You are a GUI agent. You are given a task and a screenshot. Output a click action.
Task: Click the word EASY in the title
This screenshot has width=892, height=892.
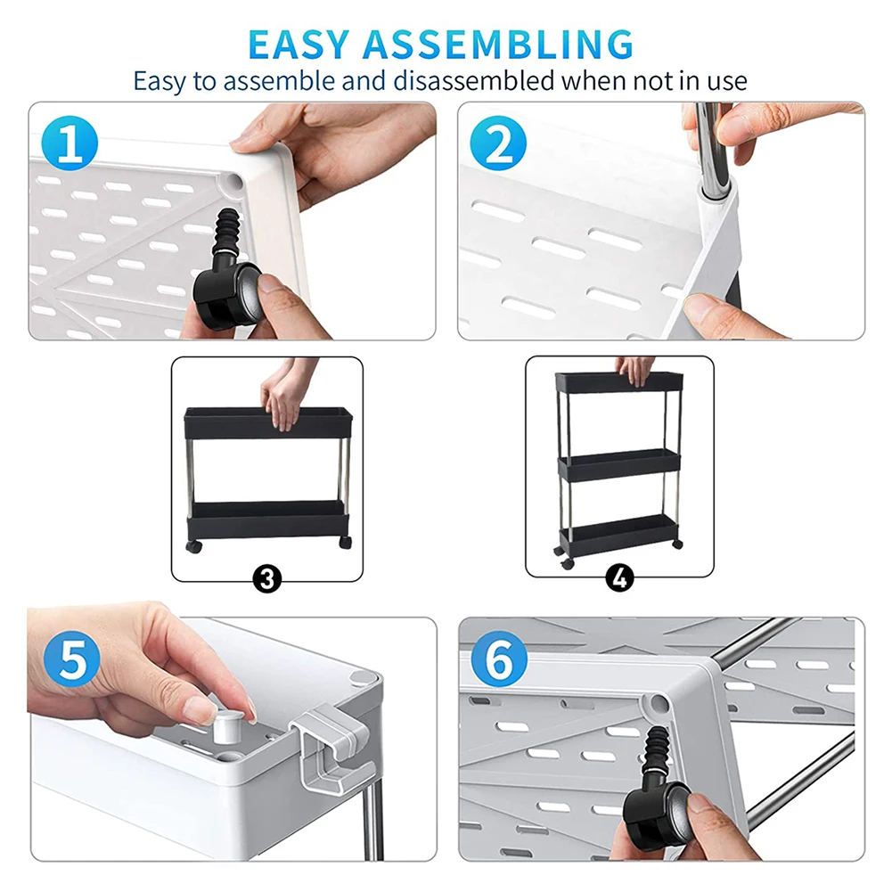(x=299, y=44)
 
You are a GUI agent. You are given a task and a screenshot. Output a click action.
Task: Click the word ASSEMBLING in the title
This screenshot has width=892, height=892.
(x=498, y=44)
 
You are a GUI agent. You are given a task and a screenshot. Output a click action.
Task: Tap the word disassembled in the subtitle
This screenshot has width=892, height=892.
(x=473, y=80)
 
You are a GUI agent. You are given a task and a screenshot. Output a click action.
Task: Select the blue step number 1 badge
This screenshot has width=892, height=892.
(x=70, y=143)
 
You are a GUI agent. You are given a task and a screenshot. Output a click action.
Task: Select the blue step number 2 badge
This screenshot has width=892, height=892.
(x=498, y=143)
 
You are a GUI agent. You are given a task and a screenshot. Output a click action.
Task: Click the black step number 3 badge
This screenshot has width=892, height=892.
(x=266, y=578)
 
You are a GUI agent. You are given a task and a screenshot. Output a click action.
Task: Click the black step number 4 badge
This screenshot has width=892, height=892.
(x=619, y=578)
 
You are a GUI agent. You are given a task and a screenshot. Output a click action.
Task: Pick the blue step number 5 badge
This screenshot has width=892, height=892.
(x=71, y=659)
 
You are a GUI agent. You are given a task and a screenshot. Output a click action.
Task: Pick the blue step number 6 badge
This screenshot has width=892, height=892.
(x=499, y=659)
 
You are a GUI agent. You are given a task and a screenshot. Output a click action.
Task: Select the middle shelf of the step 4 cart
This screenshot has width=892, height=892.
(x=619, y=465)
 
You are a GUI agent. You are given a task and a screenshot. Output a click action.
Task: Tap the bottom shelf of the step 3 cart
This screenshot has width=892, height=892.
(x=267, y=519)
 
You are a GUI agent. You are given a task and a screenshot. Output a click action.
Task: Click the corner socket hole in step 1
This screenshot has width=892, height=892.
(x=233, y=182)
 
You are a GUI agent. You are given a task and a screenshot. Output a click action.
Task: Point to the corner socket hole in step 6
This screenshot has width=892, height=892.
(x=659, y=704)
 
